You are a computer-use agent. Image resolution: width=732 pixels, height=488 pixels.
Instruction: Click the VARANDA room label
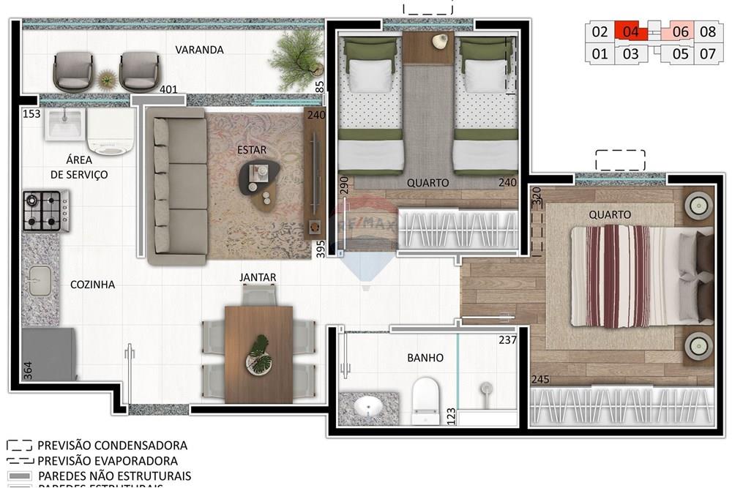pyautogui.click(x=199, y=50)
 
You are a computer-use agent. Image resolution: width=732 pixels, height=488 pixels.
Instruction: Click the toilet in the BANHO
pyautogui.click(x=425, y=399)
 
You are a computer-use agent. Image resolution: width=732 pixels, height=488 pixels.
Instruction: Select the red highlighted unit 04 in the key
pyautogui.click(x=632, y=31)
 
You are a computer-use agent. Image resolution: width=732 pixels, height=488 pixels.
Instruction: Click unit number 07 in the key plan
pyautogui.click(x=707, y=53)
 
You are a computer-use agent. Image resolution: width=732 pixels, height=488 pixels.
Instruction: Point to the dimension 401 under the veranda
pyautogui.click(x=168, y=90)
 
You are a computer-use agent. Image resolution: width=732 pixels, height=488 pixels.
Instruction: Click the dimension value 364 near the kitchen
pyautogui.click(x=28, y=369)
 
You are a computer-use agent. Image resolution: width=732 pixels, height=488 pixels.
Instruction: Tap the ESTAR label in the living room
pyautogui.click(x=251, y=150)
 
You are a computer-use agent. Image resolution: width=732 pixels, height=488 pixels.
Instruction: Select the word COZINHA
pyautogui.click(x=92, y=285)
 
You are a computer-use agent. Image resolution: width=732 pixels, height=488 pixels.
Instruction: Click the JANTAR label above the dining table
pyautogui.click(x=258, y=277)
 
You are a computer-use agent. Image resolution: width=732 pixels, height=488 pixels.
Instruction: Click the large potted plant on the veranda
pyautogui.click(x=296, y=56)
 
